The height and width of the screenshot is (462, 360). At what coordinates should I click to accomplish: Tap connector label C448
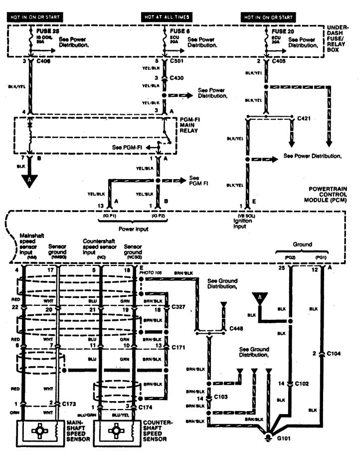pos(237,330)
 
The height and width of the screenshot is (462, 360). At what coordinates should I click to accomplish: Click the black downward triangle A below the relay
pos(30,180)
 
